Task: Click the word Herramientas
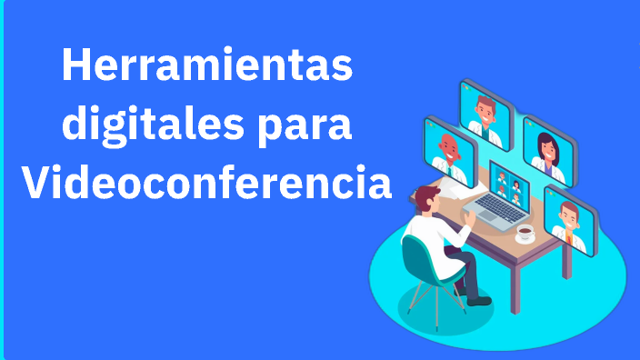point(207,65)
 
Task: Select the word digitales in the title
point(153,125)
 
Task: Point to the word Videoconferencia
point(207,182)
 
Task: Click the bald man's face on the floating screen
point(450,148)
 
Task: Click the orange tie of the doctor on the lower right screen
point(568,238)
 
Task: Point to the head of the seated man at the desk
point(427,199)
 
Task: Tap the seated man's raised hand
point(470,217)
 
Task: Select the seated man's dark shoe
point(479,301)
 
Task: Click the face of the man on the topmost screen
point(485,111)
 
